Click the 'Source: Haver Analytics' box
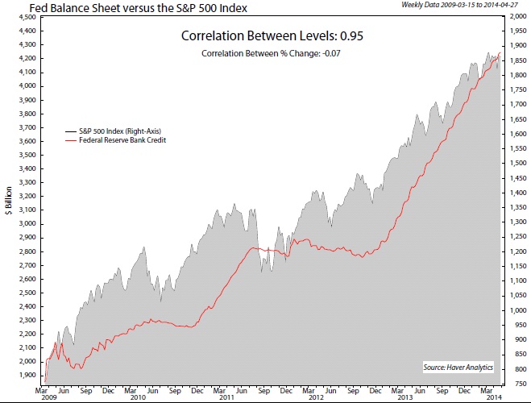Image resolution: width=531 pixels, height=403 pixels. [x=458, y=368]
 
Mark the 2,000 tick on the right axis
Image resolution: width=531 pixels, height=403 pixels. [x=514, y=17]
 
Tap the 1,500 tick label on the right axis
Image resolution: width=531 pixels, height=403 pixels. [x=514, y=164]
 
